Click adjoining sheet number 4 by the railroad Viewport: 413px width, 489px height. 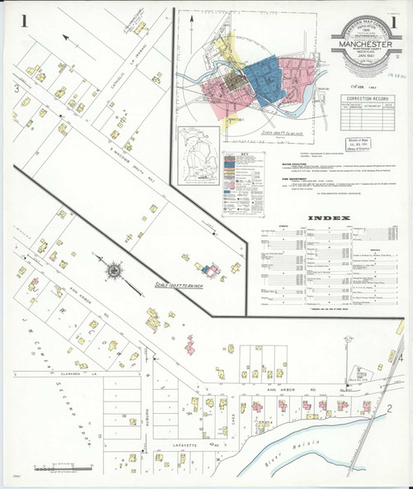pyautogui.click(x=401, y=360)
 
